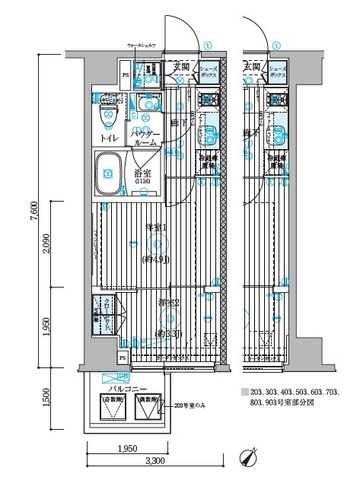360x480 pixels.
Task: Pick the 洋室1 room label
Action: (157, 228)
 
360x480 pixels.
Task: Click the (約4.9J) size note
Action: (157, 259)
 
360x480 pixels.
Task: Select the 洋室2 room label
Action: (168, 303)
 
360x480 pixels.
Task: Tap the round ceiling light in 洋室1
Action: (158, 244)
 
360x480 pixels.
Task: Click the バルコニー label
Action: (123, 388)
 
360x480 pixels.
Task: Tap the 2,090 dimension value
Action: (46, 242)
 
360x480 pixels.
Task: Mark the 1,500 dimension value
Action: (46, 396)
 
